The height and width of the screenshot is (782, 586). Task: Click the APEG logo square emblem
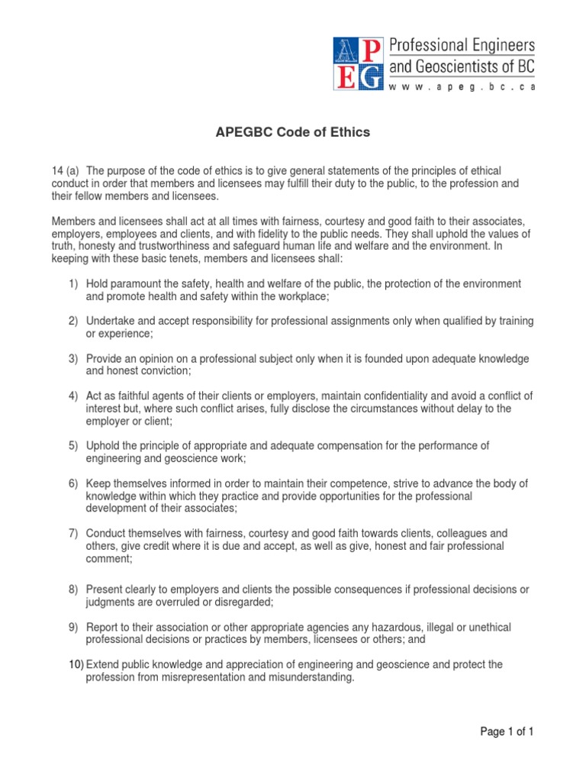coord(357,64)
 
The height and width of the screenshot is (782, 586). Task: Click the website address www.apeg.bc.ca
coord(462,87)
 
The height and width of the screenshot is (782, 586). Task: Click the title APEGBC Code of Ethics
coord(294,132)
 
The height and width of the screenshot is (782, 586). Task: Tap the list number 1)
coord(73,284)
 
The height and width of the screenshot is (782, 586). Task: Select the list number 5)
coord(73,445)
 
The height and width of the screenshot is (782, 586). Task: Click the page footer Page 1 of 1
coord(507,732)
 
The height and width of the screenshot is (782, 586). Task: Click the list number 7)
coord(73,532)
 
